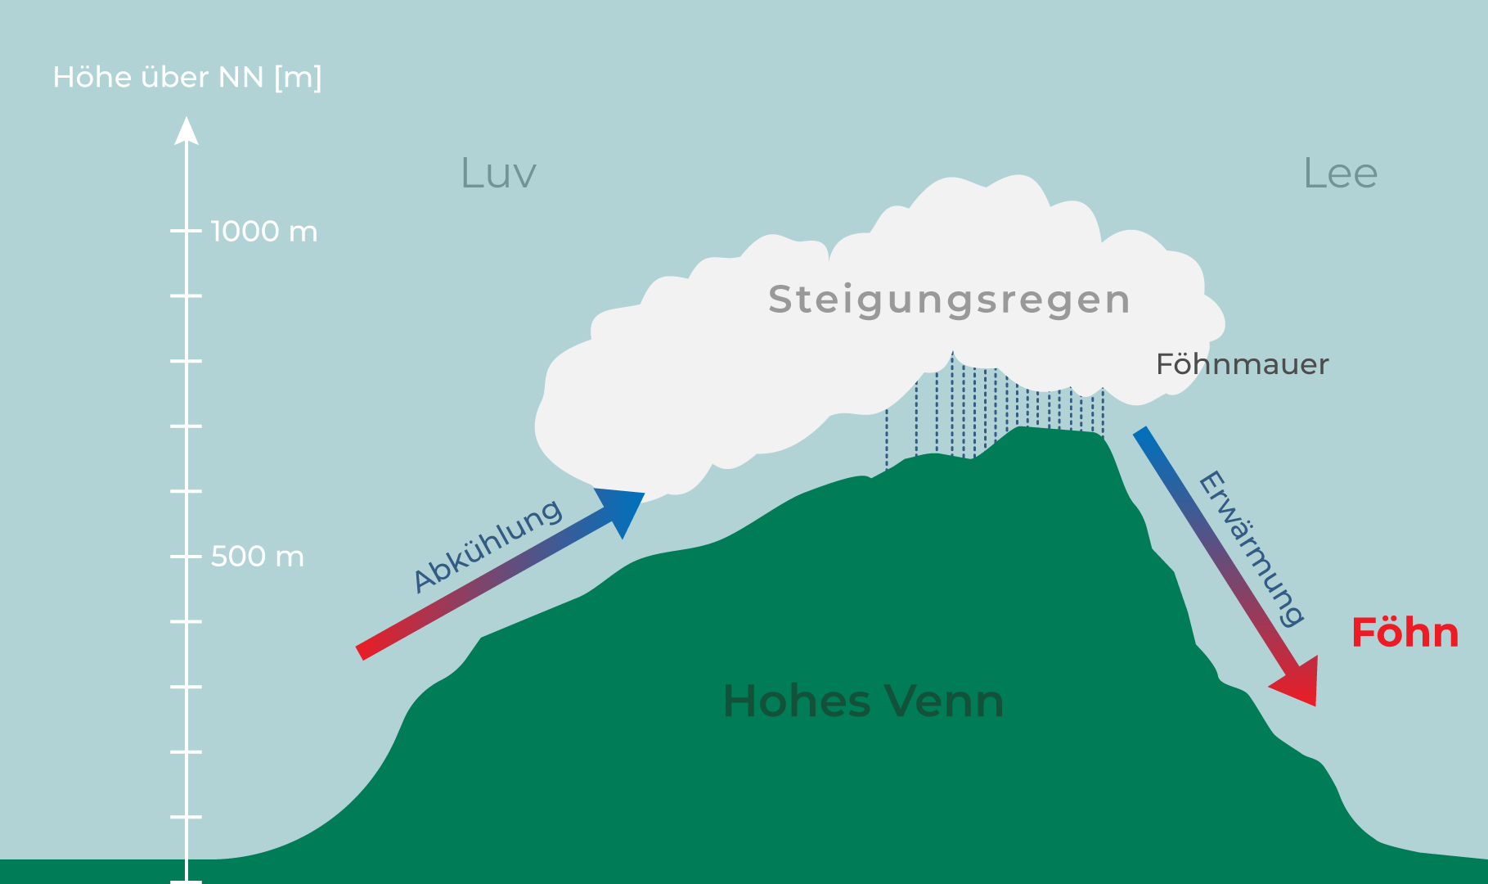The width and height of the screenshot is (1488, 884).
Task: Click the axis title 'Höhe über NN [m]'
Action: tap(187, 78)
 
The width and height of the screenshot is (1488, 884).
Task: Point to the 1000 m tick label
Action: tap(263, 232)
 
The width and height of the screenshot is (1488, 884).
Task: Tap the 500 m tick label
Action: tap(257, 557)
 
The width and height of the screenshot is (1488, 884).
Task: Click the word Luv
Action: tap(498, 174)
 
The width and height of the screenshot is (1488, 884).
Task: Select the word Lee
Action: tap(1340, 174)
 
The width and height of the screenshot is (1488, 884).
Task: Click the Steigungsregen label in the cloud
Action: tap(949, 300)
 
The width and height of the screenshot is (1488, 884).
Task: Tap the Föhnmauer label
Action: tap(1242, 364)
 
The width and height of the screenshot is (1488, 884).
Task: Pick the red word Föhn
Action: tap(1405, 633)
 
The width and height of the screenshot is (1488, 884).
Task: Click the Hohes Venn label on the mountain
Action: tap(863, 701)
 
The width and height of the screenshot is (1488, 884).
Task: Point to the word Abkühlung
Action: tap(488, 546)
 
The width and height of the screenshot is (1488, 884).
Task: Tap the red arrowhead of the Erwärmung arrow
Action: tap(1299, 681)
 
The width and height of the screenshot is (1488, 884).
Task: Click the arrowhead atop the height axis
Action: tap(187, 131)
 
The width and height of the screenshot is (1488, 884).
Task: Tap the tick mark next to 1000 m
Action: tap(187, 232)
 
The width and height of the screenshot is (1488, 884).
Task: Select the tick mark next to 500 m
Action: tap(187, 557)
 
